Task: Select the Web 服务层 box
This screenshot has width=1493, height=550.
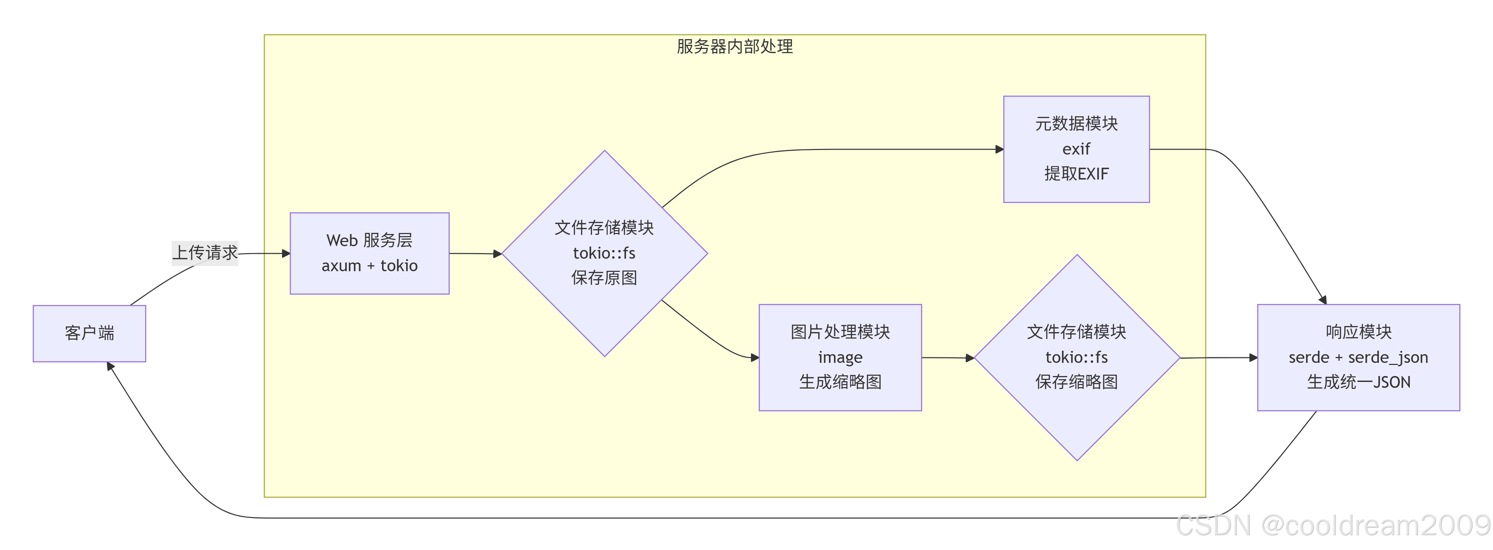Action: (x=369, y=253)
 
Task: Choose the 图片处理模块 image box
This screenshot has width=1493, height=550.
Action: (x=840, y=357)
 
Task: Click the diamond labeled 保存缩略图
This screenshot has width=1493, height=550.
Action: (x=1076, y=357)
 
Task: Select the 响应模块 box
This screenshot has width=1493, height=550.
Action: (x=1358, y=357)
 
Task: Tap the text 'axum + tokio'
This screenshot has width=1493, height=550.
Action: (x=369, y=266)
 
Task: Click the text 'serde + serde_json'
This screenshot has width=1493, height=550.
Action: (x=1358, y=357)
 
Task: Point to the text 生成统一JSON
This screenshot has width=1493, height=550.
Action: (x=1358, y=382)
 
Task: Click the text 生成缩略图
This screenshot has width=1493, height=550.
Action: (x=840, y=382)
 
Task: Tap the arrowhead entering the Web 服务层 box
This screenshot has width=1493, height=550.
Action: (x=286, y=253)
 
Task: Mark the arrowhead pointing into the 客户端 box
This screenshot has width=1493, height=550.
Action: (x=110, y=367)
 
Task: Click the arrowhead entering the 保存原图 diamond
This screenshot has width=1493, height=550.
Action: (x=497, y=253)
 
